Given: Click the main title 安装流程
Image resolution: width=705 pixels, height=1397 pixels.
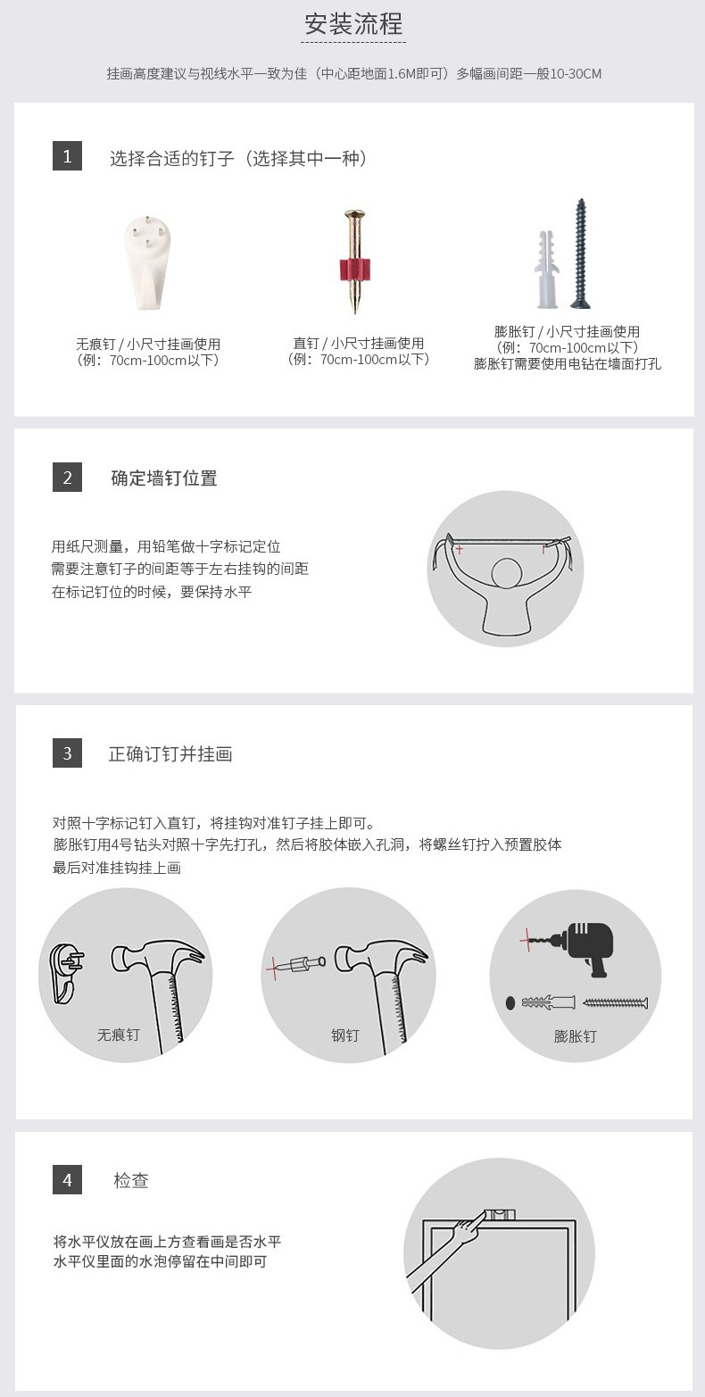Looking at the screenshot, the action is point(353,24).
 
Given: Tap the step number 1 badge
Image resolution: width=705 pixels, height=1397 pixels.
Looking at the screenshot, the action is point(67,156).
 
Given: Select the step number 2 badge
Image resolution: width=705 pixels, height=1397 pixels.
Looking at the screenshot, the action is point(67,477).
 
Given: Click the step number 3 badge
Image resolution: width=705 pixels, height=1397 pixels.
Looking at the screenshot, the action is point(67,753).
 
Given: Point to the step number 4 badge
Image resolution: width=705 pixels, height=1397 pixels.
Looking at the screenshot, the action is point(67,1179).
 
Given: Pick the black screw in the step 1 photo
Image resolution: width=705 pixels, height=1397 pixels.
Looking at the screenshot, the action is point(580,254).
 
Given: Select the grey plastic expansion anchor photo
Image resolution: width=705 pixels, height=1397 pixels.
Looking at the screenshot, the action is point(546,270).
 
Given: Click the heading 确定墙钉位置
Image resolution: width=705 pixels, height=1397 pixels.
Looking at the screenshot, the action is point(164,478).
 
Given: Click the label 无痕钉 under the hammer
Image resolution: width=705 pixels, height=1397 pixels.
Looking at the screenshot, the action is point(119,1035).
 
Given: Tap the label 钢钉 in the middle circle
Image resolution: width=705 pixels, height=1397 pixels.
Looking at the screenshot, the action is point(345,1035).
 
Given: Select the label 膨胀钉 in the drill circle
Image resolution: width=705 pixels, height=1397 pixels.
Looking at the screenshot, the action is point(576,1035).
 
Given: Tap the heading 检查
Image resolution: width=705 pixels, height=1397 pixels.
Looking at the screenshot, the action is point(131,1180).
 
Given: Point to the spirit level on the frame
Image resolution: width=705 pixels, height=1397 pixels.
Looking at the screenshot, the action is point(500,1214).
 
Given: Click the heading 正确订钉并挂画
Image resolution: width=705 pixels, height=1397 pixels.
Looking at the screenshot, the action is point(170,754).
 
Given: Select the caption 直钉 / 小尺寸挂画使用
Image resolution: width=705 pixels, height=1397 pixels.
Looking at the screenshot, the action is point(359,343).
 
